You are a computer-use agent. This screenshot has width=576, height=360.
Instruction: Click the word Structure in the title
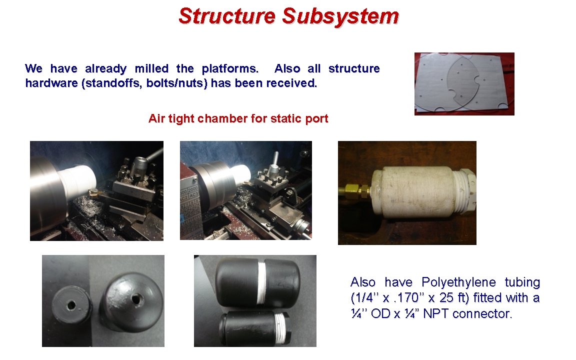coord(227,16)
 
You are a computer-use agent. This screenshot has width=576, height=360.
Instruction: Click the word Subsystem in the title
coord(340,16)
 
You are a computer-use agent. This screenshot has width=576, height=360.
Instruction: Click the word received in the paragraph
coord(291,83)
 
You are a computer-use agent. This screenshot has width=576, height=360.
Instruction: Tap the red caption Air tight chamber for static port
coord(238,119)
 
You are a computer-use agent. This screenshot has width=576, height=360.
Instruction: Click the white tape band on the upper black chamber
coord(261,283)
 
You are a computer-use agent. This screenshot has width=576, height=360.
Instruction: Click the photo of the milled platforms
coord(464,83)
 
